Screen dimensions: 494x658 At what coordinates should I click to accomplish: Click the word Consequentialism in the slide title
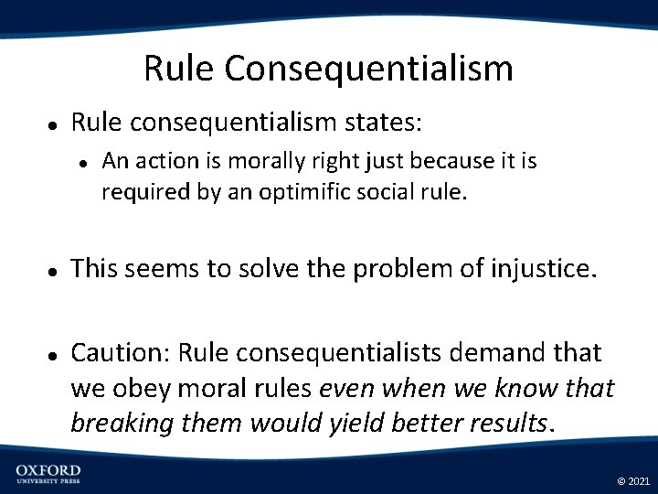pyautogui.click(x=368, y=70)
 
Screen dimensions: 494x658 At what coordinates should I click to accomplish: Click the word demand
pyautogui.click(x=511, y=353)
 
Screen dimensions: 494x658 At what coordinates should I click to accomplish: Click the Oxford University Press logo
pyautogui.click(x=48, y=474)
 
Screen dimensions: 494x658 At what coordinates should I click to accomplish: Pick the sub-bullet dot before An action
pyautogui.click(x=83, y=164)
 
